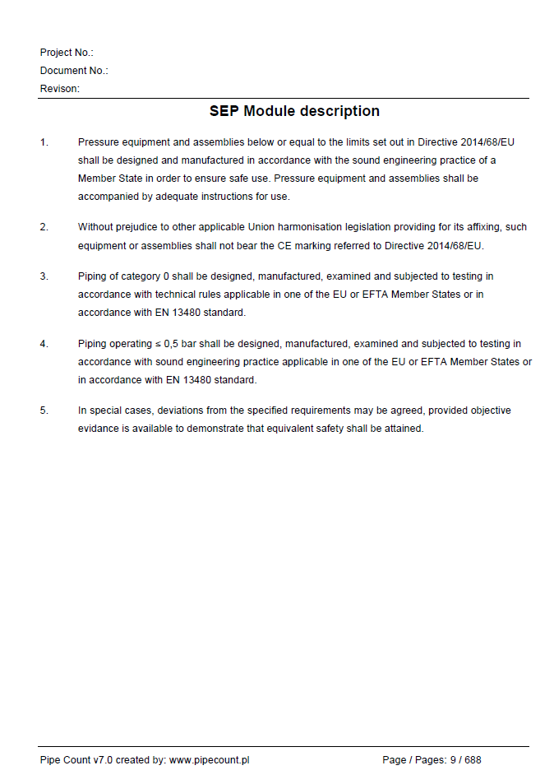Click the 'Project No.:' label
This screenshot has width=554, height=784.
click(x=67, y=53)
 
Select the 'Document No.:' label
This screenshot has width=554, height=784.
click(x=74, y=71)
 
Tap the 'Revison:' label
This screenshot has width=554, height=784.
click(x=60, y=89)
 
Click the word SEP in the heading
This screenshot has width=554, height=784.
click(x=224, y=111)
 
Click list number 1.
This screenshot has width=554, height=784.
click(x=44, y=142)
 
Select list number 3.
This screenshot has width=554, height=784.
click(x=44, y=276)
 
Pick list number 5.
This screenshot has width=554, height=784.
click(x=44, y=411)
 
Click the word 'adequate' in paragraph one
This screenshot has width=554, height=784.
click(x=161, y=197)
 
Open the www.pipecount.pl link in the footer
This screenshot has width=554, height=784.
click(x=209, y=760)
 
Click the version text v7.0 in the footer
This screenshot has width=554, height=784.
click(x=103, y=760)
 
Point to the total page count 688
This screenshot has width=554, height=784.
click(x=473, y=760)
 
